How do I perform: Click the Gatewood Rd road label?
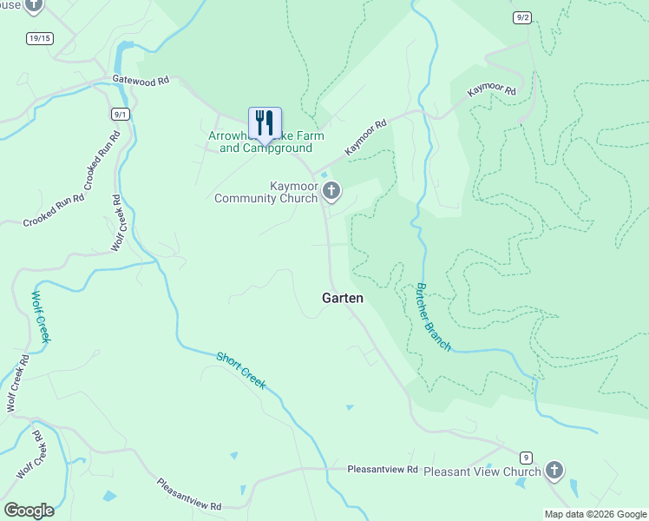pyautogui.click(x=140, y=80)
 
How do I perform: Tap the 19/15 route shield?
pyautogui.click(x=40, y=38)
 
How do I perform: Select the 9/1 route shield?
pyautogui.click(x=121, y=114)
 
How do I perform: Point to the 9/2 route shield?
pyautogui.click(x=521, y=17)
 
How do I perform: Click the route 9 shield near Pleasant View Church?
pyautogui.click(x=525, y=457)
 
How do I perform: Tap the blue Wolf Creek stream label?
pyautogui.click(x=41, y=316)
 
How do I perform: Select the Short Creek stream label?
pyautogui.click(x=240, y=371)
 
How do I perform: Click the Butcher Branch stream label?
pyautogui.click(x=433, y=317)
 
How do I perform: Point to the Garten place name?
pyautogui.click(x=343, y=298)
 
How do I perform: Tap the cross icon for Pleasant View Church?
pyautogui.click(x=554, y=472)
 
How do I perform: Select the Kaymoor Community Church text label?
pyautogui.click(x=266, y=192)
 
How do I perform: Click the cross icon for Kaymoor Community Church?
pyautogui.click(x=331, y=191)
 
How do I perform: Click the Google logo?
pyautogui.click(x=29, y=511)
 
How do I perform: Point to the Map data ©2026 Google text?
pyautogui.click(x=594, y=514)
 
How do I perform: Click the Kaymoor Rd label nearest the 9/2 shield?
pyautogui.click(x=492, y=91)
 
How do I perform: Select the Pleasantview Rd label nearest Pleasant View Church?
pyautogui.click(x=383, y=470)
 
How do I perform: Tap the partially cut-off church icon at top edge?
pyautogui.click(x=33, y=5)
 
